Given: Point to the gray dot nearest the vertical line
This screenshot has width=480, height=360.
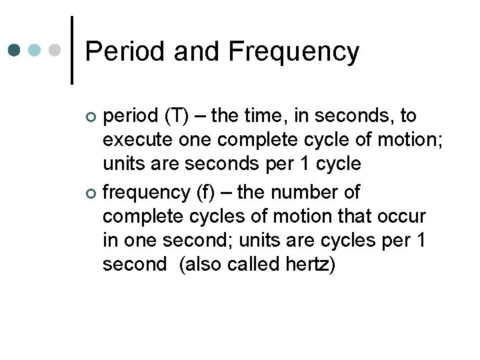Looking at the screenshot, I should [57, 50].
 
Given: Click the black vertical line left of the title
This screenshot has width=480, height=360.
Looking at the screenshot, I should [71, 50].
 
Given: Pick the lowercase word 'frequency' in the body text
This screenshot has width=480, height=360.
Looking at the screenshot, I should [147, 193].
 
